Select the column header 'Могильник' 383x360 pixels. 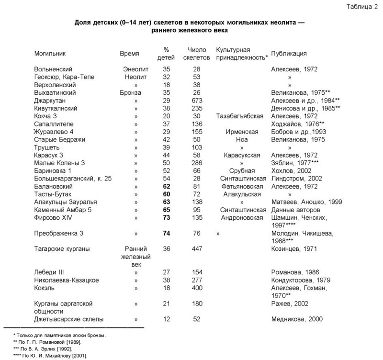click(50, 54)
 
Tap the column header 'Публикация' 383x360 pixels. click(289, 54)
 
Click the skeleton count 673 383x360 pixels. click(197, 101)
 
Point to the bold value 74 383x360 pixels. click(167, 233)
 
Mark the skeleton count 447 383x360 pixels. click(197, 249)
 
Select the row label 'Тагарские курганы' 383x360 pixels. click(62, 249)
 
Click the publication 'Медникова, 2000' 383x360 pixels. click(297, 319)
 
